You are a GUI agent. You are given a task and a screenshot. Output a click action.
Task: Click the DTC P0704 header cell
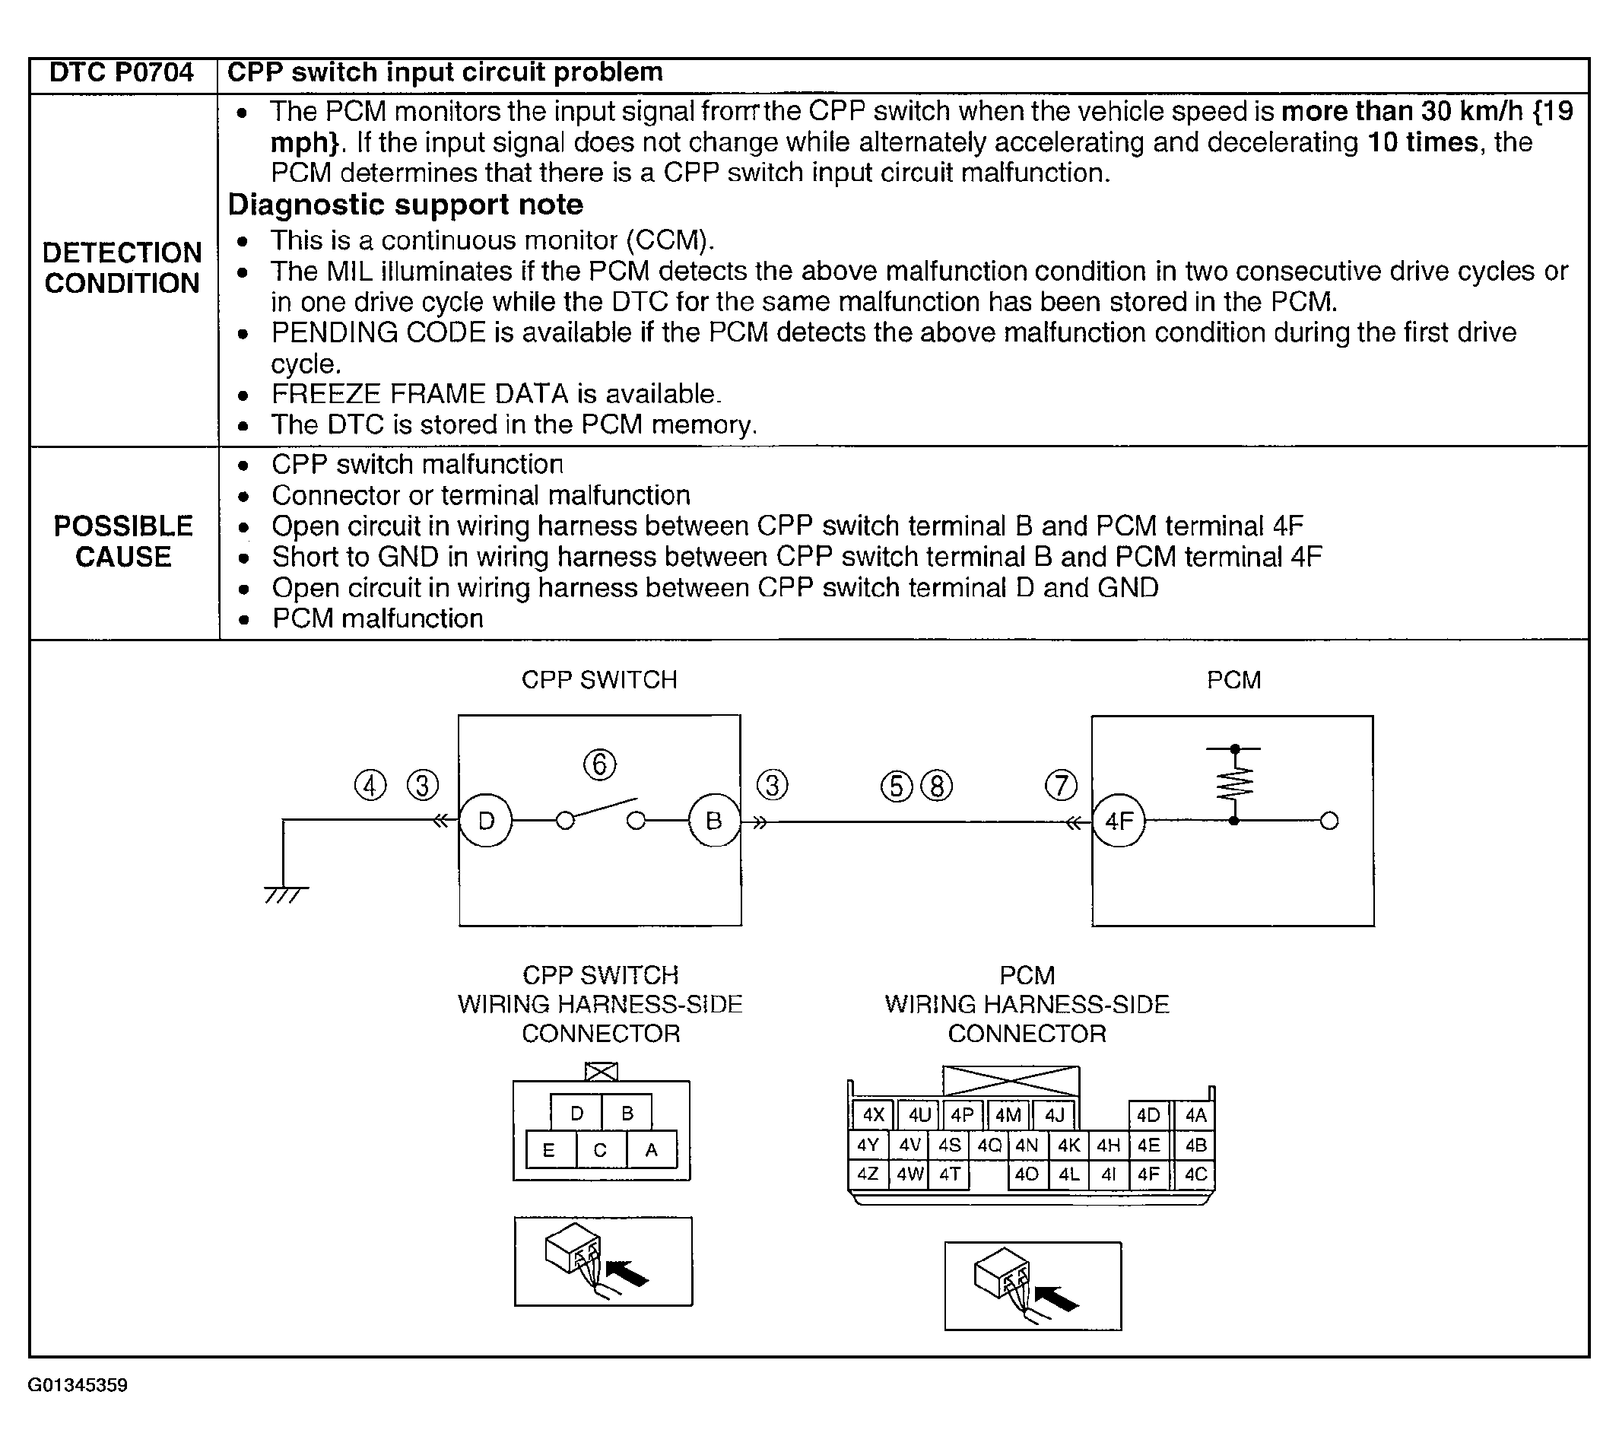pos(121,73)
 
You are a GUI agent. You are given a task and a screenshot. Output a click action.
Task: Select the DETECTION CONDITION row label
pos(122,268)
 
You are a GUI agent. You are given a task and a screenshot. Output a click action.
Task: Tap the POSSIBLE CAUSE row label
pos(123,542)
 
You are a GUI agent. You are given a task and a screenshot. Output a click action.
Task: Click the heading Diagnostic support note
pos(405,205)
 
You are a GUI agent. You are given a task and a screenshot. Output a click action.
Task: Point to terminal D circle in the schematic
pos(487,820)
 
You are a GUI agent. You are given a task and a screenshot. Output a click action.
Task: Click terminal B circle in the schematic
pos(714,820)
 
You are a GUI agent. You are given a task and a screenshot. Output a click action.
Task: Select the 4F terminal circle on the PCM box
pos(1119,821)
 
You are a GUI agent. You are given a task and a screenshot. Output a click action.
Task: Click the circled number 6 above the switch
pos(600,764)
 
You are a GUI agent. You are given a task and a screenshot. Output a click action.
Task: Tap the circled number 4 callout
pos(370,786)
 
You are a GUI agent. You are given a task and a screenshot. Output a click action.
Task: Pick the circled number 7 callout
pos(1061,786)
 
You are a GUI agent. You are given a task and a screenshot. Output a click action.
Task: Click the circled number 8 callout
pos(936,786)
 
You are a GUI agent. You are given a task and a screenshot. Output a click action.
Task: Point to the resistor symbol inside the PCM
pos(1233,784)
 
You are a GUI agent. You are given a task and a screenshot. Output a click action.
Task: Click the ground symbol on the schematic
pos(285,893)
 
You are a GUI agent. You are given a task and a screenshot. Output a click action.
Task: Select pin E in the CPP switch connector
pos(549,1149)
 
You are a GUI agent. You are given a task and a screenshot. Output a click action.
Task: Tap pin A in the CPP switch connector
pos(651,1149)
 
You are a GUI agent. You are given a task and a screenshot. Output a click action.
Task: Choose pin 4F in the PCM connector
pos(1148,1174)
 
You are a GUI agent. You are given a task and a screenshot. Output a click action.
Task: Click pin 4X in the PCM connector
pos(873,1114)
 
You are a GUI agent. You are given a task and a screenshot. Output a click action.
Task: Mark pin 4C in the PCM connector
pos(1195,1174)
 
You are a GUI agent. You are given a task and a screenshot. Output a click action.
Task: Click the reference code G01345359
pos(78,1385)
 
